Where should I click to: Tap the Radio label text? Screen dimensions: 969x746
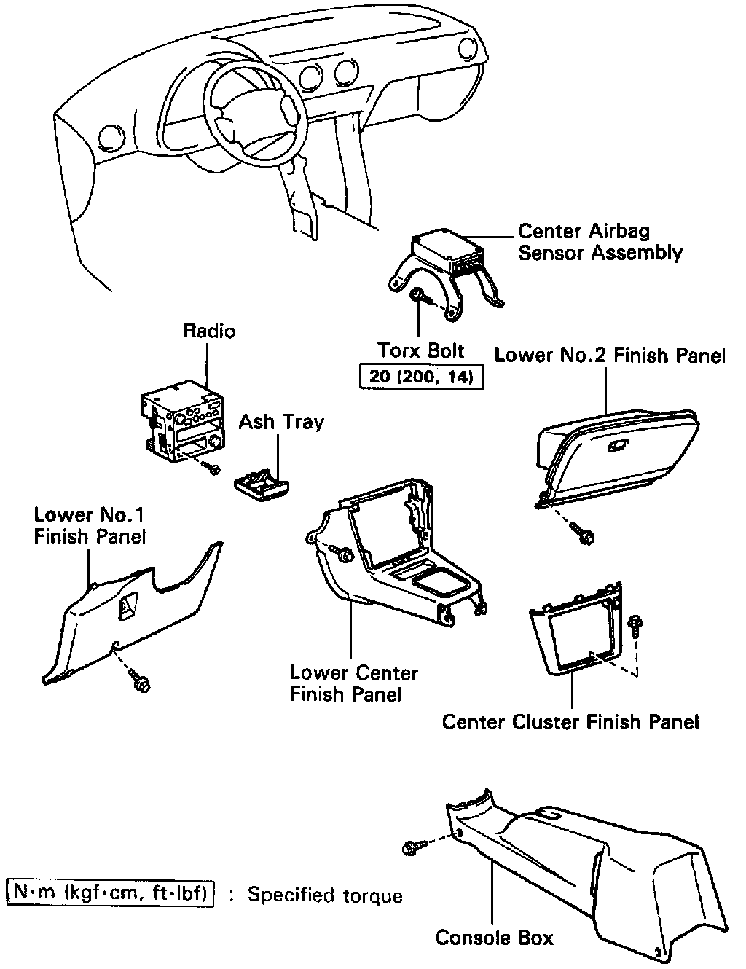209,331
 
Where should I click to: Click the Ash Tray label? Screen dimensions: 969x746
281,422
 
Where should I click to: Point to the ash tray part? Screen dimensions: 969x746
262,482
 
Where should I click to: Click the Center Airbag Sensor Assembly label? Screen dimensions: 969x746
600,242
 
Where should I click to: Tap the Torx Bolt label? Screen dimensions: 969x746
421,350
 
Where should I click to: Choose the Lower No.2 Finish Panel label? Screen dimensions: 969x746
610,356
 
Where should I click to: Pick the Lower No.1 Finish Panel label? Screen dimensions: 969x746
90,525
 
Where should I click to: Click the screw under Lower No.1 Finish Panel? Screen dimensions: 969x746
141,683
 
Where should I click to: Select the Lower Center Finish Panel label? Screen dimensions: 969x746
354,683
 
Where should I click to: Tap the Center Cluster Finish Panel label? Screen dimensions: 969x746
570,722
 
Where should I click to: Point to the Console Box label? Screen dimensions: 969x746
494,937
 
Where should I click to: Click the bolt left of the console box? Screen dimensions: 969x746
409,848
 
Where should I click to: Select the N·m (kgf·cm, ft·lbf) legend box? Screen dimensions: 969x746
110,892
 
